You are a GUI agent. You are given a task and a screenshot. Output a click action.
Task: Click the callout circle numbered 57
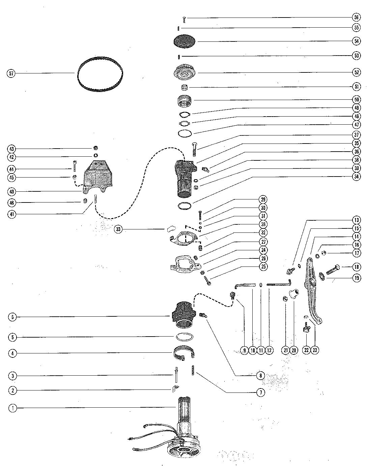pos(11,73)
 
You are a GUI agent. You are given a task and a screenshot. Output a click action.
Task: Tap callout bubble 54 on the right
pos(356,41)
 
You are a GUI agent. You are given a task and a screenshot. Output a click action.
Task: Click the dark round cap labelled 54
pos(185,41)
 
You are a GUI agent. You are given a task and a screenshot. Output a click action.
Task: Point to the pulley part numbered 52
pos(185,73)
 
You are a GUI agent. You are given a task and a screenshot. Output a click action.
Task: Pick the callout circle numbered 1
pos(13,408)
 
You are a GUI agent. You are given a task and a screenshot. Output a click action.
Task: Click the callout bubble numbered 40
pos(12,192)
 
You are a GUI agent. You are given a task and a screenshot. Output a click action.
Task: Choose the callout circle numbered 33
pos(118,229)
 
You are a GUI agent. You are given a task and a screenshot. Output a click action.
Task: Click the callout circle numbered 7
pos(261,392)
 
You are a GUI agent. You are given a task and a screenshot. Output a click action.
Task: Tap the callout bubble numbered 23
pos(315,350)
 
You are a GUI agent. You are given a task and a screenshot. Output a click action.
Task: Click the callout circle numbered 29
pos(263,199)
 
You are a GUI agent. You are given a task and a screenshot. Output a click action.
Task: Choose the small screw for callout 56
pos(184,20)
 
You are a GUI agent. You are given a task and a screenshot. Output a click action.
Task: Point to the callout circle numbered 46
pos(12,203)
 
